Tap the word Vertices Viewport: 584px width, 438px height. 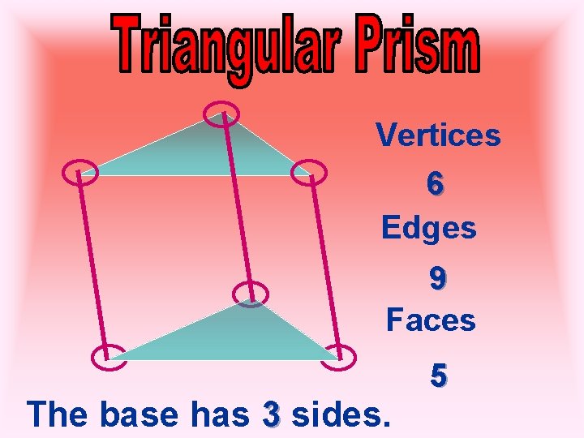438,135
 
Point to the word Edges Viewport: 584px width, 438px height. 429,228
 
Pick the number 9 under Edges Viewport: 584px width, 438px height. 437,279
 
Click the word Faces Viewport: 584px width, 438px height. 431,320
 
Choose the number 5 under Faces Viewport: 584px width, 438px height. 438,376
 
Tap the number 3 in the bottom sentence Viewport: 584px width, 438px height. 272,414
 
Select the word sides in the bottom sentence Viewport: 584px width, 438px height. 341,414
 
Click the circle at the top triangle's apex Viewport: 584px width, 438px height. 220,113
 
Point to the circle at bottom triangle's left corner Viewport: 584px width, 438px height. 107,356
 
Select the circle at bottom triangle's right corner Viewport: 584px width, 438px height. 341,355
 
